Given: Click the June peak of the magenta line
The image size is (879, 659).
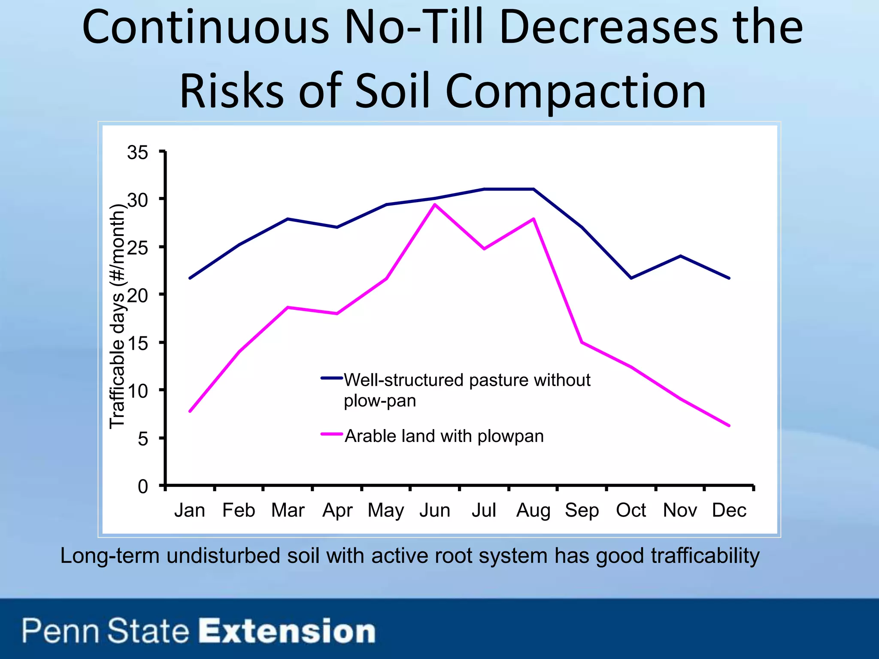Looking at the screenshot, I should click(x=435, y=205).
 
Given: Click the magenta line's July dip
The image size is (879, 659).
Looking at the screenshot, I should click(x=484, y=249).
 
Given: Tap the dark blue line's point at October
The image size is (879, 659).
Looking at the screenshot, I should click(x=631, y=278).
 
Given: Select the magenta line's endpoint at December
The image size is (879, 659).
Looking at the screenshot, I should click(x=729, y=426).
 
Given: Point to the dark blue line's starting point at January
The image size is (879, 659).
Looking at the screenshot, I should click(x=190, y=278).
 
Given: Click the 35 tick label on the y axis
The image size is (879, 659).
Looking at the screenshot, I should click(x=137, y=153).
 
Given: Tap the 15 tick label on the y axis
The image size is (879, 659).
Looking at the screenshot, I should click(x=137, y=343).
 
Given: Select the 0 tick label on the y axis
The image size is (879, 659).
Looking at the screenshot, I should click(x=142, y=487).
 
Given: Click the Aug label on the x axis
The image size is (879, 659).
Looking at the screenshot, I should click(x=533, y=511).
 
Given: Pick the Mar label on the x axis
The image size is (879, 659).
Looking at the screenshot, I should click(x=288, y=511).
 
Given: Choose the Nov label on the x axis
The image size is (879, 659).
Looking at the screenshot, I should click(x=680, y=511).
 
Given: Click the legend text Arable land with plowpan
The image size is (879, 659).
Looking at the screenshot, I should click(x=444, y=436).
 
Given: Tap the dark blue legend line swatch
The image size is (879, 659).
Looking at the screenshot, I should click(x=332, y=378).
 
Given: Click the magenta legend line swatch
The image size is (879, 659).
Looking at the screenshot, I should click(x=332, y=434).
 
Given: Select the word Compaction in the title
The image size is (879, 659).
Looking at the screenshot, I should click(x=576, y=91).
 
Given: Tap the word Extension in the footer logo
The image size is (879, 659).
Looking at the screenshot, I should click(x=287, y=631).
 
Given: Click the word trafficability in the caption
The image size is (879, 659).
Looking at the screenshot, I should click(x=705, y=556).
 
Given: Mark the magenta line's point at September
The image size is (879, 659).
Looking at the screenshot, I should click(x=582, y=342).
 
